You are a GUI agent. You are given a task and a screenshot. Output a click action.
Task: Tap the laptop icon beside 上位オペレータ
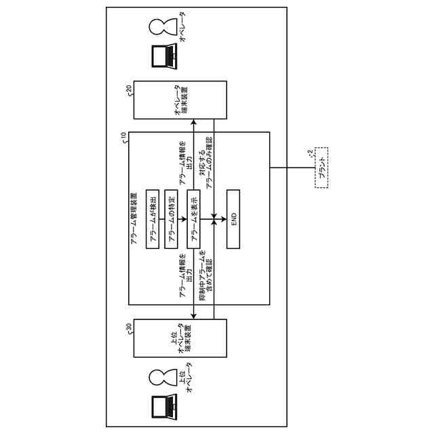click(161, 405)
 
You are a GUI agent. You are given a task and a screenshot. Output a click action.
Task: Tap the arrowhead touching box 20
click(193, 123)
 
